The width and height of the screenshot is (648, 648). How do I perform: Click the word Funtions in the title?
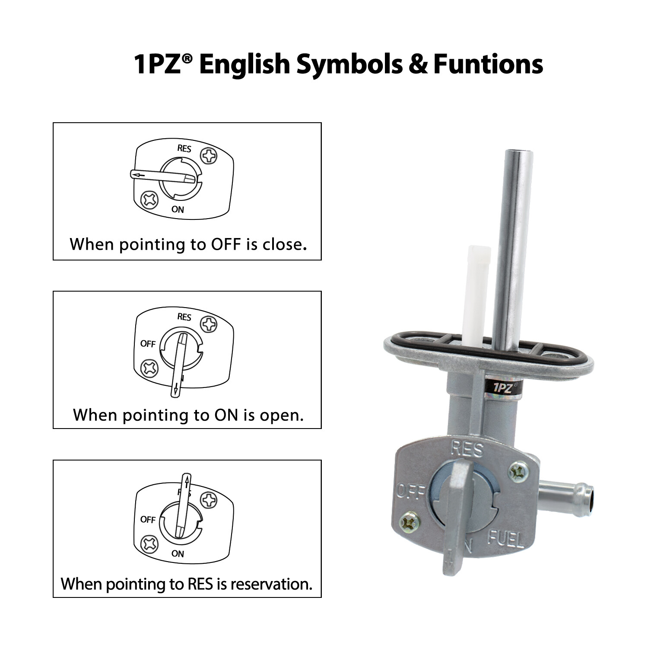tap(488, 64)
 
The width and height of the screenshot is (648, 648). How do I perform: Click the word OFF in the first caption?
tap(226, 245)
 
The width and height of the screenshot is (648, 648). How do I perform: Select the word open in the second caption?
tap(281, 415)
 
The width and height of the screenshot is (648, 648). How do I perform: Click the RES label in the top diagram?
tap(184, 149)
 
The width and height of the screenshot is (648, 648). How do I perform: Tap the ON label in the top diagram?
tap(178, 210)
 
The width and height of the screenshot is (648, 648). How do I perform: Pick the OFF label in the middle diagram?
tap(148, 344)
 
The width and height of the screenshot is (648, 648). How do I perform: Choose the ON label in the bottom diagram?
tap(178, 553)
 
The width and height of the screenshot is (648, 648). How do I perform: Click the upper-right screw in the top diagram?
tap(210, 156)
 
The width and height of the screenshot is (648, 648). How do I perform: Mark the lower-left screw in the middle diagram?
tap(150, 368)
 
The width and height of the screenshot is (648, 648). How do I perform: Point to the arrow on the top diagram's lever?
tap(139, 175)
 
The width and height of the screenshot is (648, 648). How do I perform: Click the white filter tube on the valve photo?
tap(476, 294)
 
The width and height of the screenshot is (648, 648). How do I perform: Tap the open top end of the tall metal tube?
tap(518, 153)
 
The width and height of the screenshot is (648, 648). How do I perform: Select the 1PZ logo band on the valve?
tap(503, 388)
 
